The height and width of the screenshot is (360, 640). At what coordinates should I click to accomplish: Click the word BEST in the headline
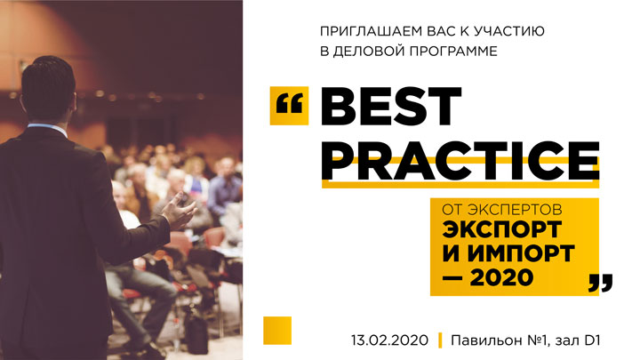391,106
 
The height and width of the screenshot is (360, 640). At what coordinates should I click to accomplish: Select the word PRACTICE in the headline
460,161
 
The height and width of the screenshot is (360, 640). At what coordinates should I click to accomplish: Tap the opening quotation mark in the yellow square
290,104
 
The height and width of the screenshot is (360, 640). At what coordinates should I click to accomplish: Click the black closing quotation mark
600,284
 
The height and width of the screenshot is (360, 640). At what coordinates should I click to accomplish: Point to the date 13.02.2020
390,340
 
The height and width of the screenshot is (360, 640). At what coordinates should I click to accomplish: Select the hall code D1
592,340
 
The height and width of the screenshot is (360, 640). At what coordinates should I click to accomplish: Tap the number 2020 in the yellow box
501,277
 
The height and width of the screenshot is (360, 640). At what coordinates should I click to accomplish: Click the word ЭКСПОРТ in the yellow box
502,229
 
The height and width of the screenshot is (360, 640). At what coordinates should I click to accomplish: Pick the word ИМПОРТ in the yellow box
521,253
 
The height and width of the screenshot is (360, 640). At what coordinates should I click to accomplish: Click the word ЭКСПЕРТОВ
515,210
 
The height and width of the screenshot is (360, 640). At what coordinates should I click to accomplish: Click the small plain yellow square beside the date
277,330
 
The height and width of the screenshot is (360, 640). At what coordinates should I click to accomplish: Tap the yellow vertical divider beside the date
440,340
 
